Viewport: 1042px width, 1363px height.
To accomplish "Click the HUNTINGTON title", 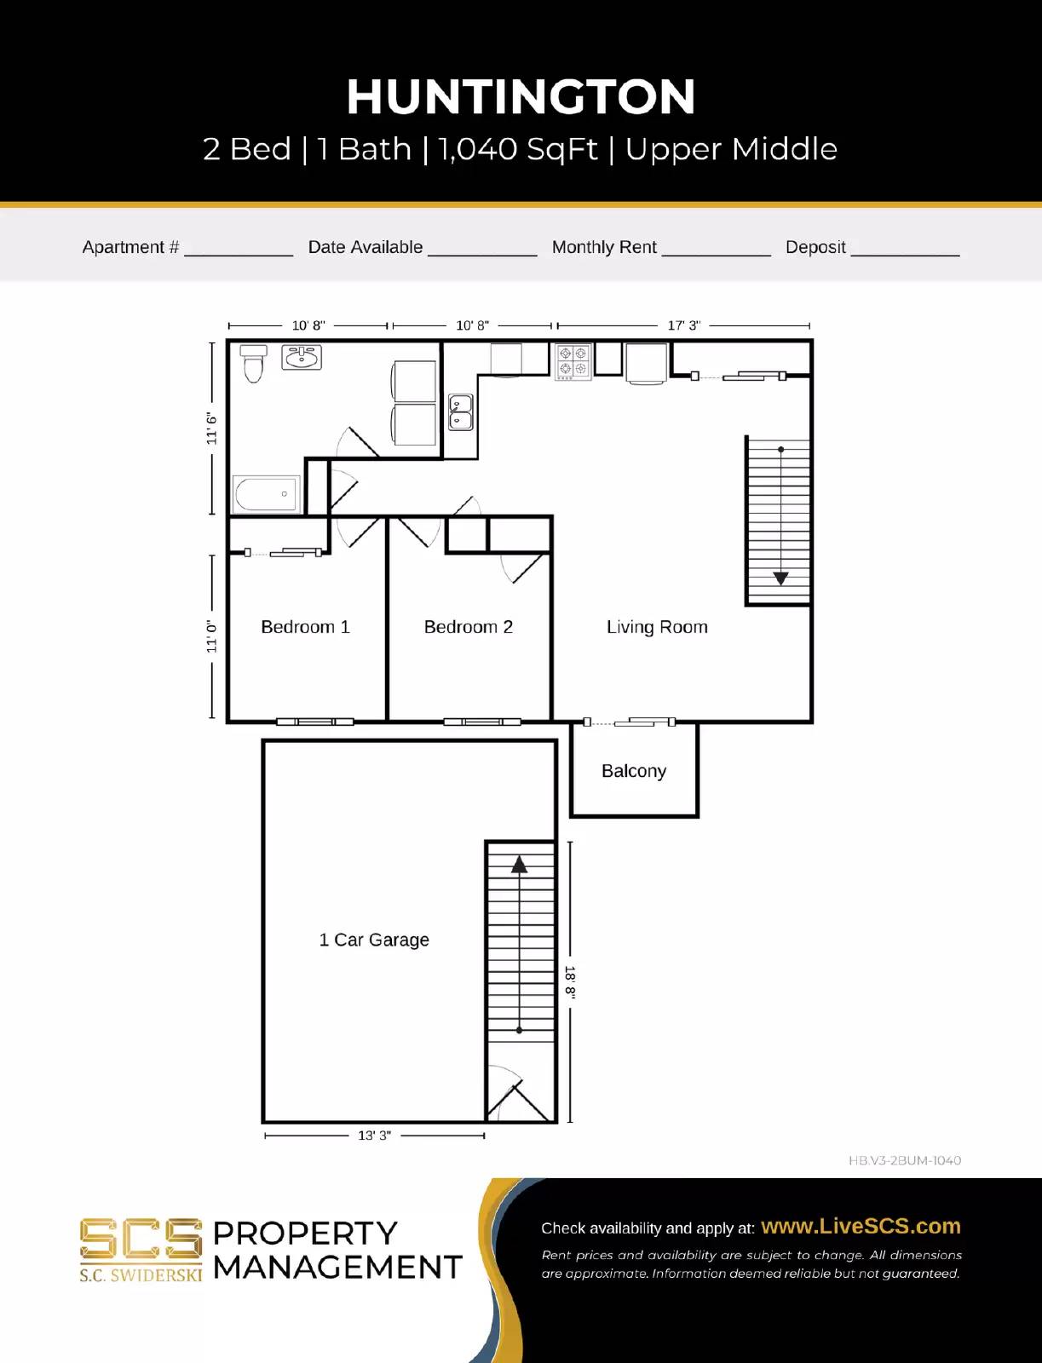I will pos(521,97).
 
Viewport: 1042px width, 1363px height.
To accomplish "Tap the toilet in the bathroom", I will pos(253,364).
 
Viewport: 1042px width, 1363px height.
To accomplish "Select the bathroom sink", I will pos(302,358).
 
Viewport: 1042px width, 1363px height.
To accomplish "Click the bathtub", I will pos(266,494).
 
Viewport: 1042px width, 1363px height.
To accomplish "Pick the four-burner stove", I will pos(573,361).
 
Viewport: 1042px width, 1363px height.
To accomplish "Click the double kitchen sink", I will pos(460,412).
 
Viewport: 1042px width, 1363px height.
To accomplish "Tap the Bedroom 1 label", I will pos(305,627).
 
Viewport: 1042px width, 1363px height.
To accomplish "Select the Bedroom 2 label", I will pos(468,627).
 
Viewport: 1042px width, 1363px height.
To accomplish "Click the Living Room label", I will pos(657,627).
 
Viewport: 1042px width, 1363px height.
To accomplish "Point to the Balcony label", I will pos(633,771).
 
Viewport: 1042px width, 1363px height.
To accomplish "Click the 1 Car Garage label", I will pos(373,940).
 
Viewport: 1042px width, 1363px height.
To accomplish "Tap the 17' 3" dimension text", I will pos(683,325).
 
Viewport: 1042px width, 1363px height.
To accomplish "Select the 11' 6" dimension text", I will pos(211,428).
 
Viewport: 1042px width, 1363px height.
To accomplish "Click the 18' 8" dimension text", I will pos(570,982).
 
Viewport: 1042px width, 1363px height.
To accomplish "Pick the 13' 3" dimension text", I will pos(374,1136).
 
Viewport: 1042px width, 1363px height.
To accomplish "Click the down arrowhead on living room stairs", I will pos(780,578).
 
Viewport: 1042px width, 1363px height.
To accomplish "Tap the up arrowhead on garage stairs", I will pos(519,866).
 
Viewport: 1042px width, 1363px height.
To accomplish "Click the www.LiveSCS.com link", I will pos(861,1226).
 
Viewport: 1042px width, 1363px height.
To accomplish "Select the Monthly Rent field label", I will pos(604,247).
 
